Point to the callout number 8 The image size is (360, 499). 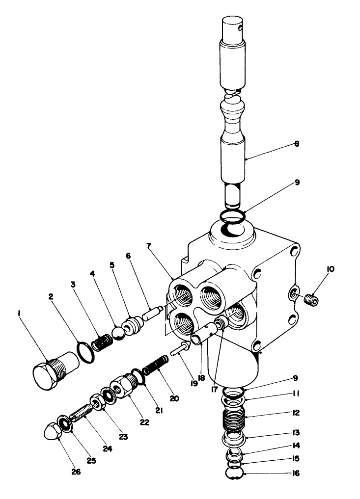[x=296, y=144]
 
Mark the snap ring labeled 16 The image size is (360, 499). [x=232, y=474]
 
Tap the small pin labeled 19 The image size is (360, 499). [x=178, y=350]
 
